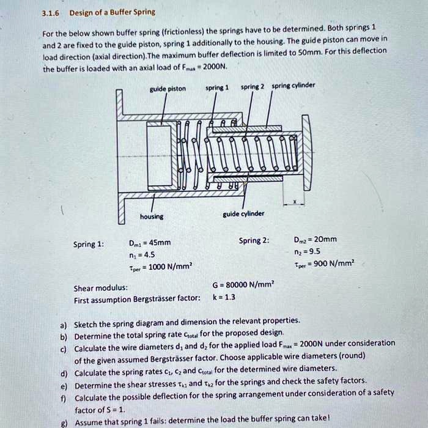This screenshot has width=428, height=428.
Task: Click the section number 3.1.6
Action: (x=51, y=12)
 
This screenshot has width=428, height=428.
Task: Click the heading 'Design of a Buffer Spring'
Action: (x=112, y=12)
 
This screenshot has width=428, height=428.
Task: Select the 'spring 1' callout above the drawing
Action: (x=216, y=87)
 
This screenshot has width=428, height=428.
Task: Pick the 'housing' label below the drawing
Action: (x=152, y=216)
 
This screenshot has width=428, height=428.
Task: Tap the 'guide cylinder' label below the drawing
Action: (x=243, y=213)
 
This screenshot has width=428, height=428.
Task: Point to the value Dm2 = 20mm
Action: (x=315, y=239)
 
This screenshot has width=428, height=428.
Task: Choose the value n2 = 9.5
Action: (x=307, y=251)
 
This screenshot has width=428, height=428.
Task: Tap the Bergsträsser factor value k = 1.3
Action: (x=224, y=297)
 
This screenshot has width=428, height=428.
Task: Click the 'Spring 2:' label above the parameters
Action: (x=253, y=240)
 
